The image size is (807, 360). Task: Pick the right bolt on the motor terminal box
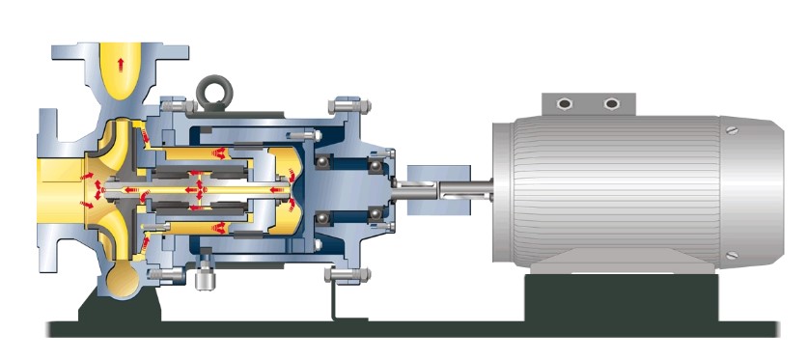[610, 103]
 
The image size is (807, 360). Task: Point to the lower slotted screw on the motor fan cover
[733, 256]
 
